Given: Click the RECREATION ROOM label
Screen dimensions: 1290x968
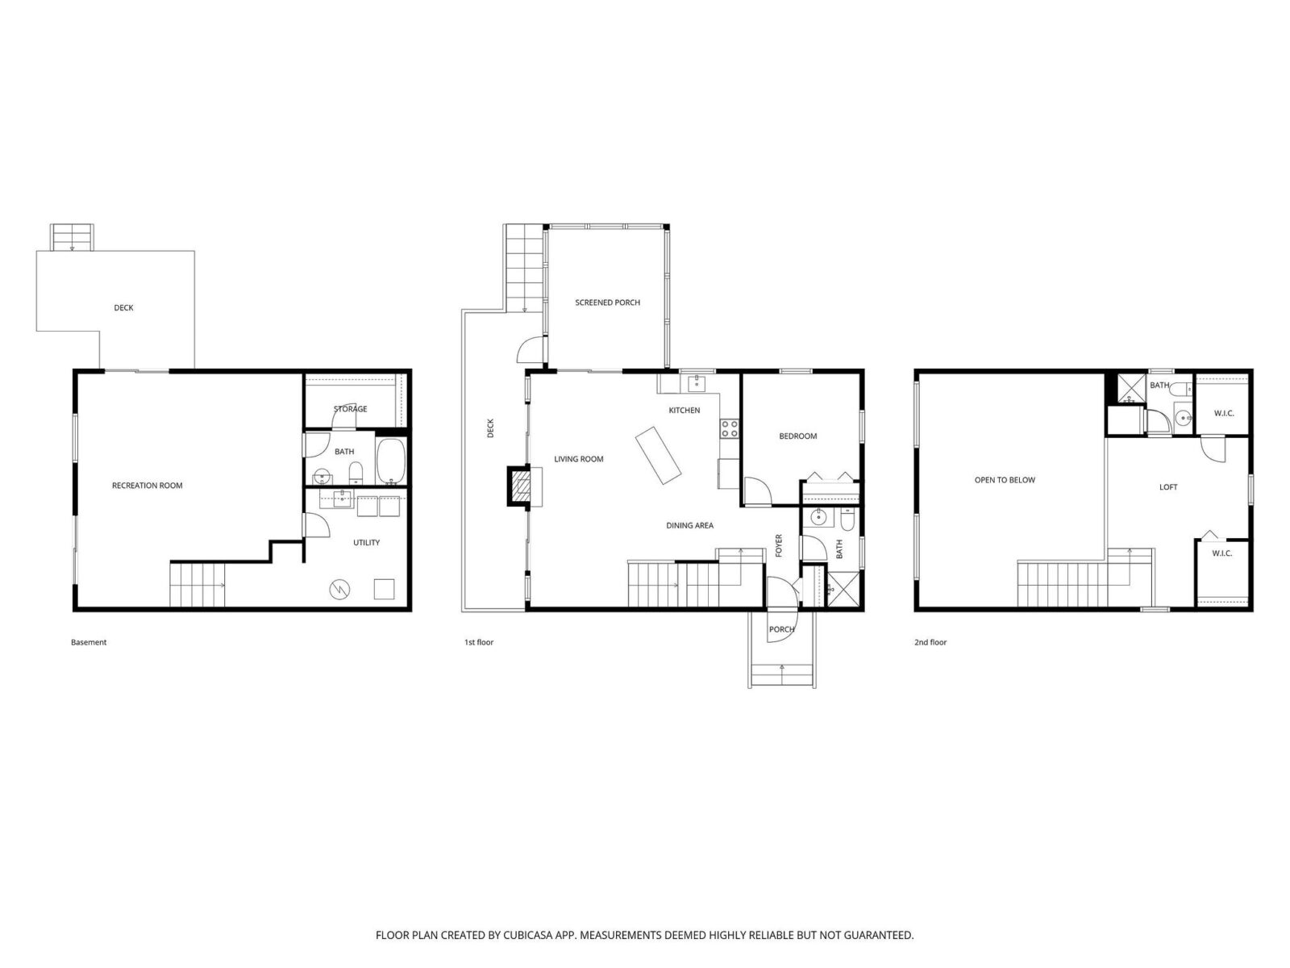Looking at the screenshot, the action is point(147,486).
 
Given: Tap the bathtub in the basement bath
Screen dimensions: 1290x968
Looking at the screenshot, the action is point(391,461).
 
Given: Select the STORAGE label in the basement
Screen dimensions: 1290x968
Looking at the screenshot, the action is point(350,408).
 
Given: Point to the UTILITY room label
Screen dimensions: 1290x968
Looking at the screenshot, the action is point(366,542).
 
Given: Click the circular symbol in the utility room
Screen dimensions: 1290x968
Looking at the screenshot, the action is point(339,589).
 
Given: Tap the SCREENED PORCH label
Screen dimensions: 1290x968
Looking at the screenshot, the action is point(607,302).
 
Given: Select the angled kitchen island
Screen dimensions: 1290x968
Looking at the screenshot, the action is point(658,456).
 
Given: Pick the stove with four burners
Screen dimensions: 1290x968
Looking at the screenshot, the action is point(730,428).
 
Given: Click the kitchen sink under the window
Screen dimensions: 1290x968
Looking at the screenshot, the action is point(697,384).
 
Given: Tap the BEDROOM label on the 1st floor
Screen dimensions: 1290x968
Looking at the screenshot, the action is point(797,436).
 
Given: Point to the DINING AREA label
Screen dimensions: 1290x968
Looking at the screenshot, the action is point(689,525).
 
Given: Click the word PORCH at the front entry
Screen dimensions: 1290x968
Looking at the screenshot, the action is point(781,629).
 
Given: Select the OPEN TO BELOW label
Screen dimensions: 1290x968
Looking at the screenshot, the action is point(1005,480).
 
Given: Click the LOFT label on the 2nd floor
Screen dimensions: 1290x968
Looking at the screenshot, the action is point(1167,487).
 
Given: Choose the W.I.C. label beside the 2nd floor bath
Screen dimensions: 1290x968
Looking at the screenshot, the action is point(1224,413).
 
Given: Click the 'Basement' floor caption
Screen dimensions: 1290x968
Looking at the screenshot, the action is point(89,642).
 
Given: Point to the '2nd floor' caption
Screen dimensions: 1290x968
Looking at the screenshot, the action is point(930,642).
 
